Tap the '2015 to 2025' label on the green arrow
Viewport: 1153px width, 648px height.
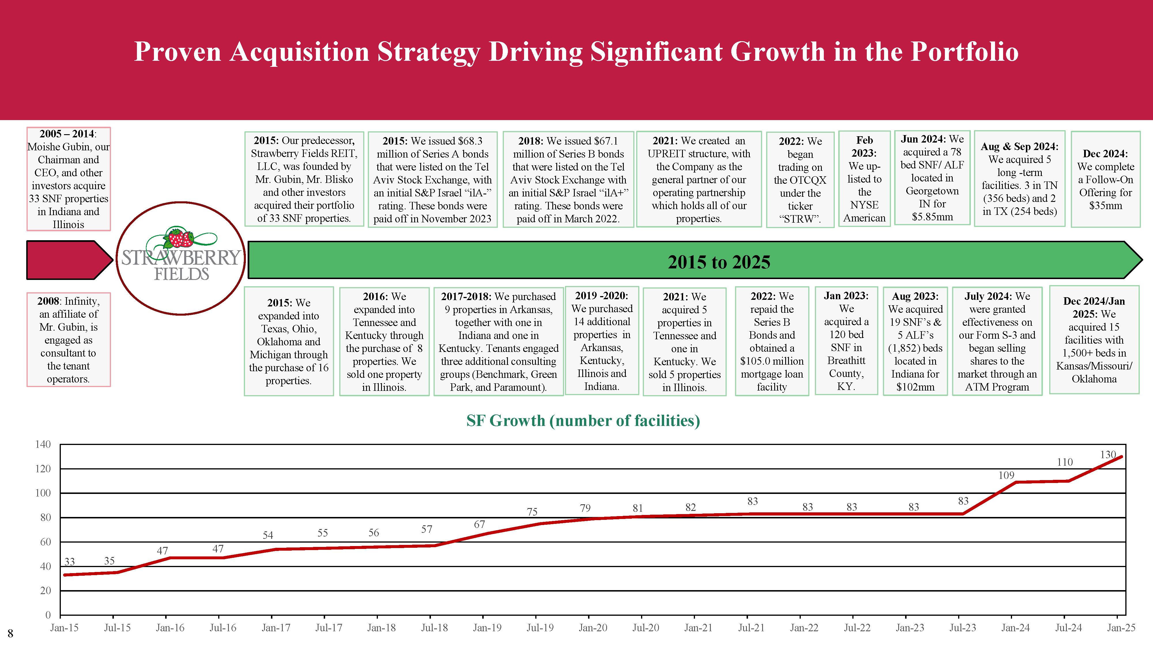[x=719, y=262]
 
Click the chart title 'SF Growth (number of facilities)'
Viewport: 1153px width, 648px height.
[x=583, y=420]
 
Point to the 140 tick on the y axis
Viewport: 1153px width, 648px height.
[x=43, y=444]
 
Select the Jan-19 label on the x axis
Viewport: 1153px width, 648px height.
[x=487, y=628]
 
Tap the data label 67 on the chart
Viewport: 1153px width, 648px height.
[x=479, y=524]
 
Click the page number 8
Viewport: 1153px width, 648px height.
[x=10, y=633]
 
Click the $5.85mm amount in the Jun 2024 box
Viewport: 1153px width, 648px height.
[x=932, y=217]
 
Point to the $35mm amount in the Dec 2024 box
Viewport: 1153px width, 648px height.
[x=1105, y=206]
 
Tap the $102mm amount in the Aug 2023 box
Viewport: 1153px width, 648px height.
[x=915, y=387]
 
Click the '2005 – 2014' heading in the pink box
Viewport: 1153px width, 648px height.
[x=67, y=134]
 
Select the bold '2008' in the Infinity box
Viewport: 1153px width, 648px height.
[x=48, y=301]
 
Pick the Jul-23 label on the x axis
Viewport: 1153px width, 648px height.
[x=962, y=628]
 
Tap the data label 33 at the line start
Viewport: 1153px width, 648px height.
[x=69, y=562]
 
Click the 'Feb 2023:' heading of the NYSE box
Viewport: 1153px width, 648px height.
[x=864, y=147]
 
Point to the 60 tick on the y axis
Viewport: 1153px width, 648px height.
[x=46, y=542]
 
